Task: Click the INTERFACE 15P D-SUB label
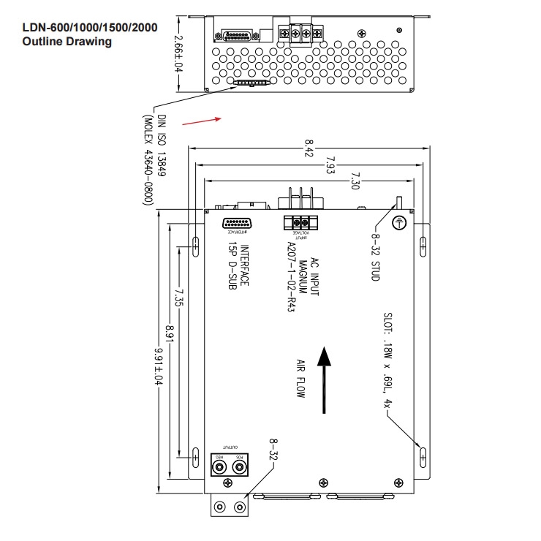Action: tap(239, 268)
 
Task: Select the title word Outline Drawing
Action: tap(67, 42)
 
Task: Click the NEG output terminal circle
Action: tap(219, 466)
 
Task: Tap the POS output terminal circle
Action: tap(238, 466)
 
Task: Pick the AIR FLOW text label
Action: tap(300, 378)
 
